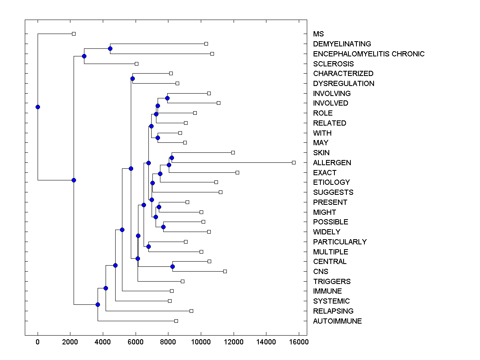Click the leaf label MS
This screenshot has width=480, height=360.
pyautogui.click(x=318, y=34)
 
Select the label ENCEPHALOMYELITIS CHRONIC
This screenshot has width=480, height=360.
pyautogui.click(x=369, y=54)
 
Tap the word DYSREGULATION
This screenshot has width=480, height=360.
pyautogui.click(x=344, y=84)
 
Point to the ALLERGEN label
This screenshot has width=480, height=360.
pyautogui.click(x=332, y=163)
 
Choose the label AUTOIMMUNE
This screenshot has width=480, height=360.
pyautogui.click(x=337, y=321)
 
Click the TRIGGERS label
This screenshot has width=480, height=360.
pyautogui.click(x=332, y=282)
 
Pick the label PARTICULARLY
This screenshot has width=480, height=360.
pyautogui.click(x=340, y=242)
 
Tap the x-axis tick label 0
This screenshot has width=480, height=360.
pyautogui.click(x=38, y=342)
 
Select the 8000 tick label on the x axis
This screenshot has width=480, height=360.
pyautogui.click(x=168, y=342)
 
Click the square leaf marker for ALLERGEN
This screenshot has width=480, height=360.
pyautogui.click(x=294, y=162)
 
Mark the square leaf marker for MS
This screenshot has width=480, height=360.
pyautogui.click(x=74, y=34)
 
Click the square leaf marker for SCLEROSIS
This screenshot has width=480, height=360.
pyautogui.click(x=136, y=64)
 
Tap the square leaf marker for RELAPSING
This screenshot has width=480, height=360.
pyautogui.click(x=191, y=311)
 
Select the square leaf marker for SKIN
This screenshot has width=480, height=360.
pyautogui.click(x=233, y=152)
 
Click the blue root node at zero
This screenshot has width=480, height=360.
pyautogui.click(x=38, y=107)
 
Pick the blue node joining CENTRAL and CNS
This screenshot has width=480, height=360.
pyautogui.click(x=172, y=266)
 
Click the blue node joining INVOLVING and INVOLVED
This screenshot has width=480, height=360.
pyautogui.click(x=167, y=98)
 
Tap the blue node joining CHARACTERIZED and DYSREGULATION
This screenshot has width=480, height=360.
pyautogui.click(x=132, y=78)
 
